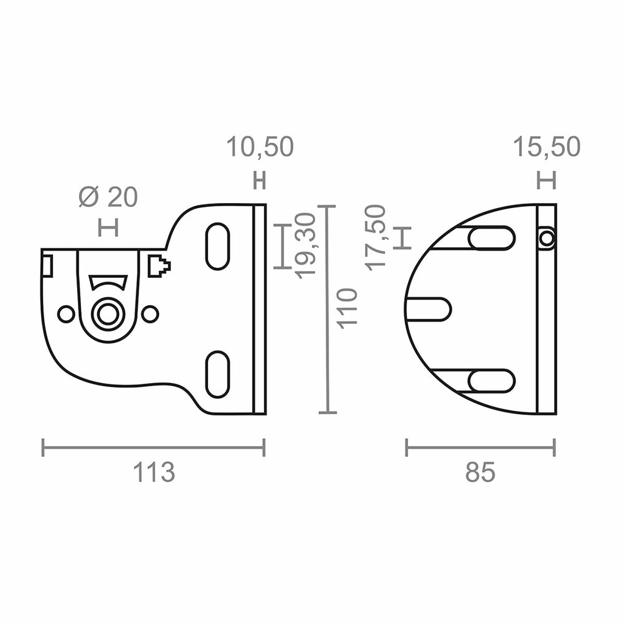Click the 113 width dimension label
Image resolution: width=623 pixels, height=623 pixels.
tap(154, 472)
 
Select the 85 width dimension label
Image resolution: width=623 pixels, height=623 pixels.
tap(480, 472)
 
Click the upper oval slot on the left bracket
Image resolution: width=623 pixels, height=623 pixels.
tap(218, 246)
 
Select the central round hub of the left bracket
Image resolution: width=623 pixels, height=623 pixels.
tap(107, 314)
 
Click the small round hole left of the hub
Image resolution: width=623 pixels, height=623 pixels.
tap(66, 314)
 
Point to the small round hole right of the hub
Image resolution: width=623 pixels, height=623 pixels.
tap(150, 314)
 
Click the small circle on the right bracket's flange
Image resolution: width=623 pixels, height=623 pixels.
tap(546, 238)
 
